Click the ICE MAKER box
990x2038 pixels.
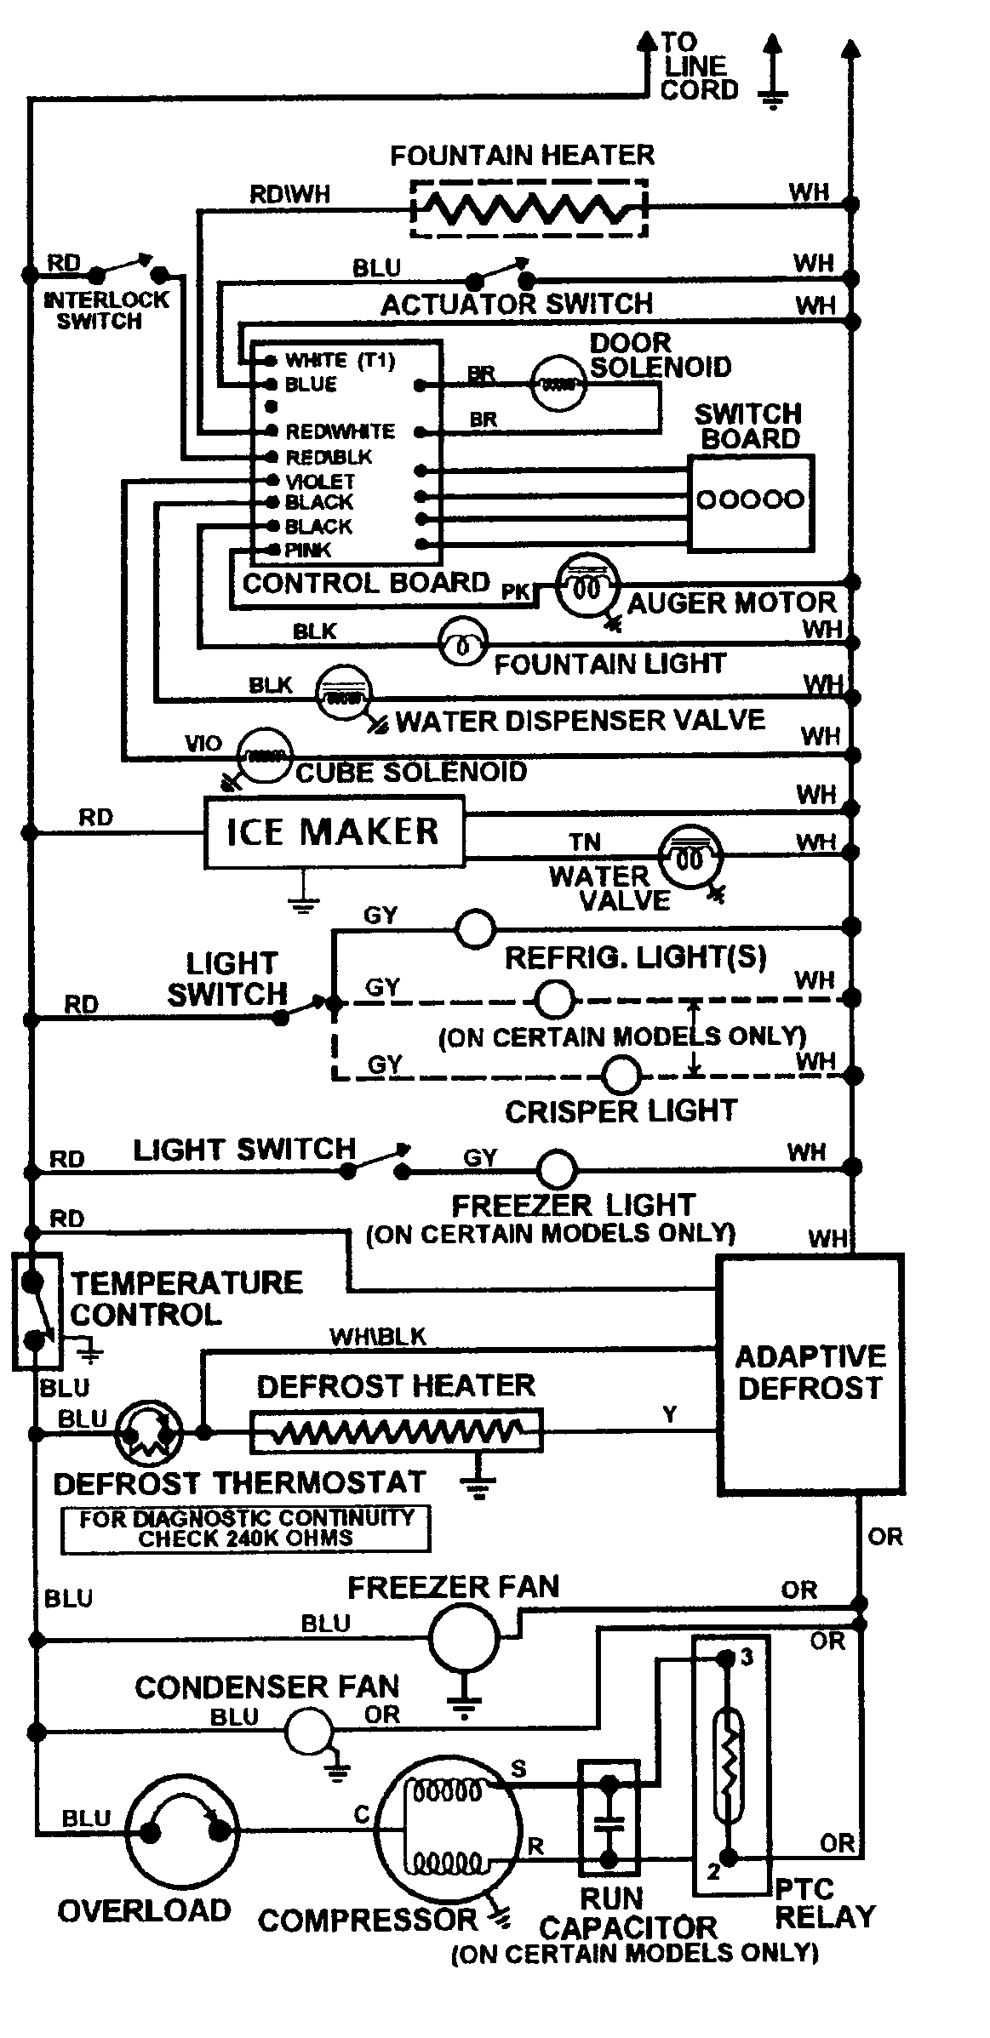(x=334, y=831)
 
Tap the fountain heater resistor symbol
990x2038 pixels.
(x=529, y=208)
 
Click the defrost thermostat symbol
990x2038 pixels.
(x=149, y=1433)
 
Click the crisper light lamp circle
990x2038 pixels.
(x=622, y=1075)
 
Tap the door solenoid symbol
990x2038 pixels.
(x=558, y=385)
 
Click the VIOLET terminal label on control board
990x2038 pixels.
(x=320, y=482)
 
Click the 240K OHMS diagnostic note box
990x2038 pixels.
(x=245, y=1528)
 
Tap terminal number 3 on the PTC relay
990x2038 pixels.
(x=746, y=1658)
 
